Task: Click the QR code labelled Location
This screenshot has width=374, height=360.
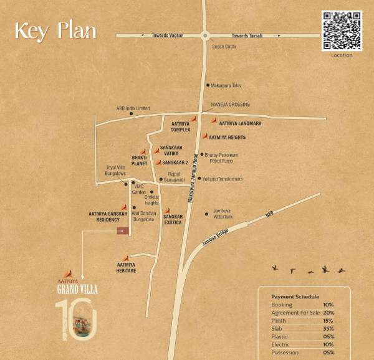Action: tap(342, 31)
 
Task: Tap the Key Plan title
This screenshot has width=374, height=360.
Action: tap(55, 30)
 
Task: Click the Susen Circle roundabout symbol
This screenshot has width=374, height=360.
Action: tap(204, 36)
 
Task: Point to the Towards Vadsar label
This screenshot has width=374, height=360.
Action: tap(167, 36)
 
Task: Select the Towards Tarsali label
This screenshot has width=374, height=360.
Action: tap(246, 36)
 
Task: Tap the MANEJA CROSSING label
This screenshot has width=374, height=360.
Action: tap(231, 105)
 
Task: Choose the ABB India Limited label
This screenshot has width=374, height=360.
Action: tap(133, 108)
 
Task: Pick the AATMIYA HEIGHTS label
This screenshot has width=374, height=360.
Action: tap(227, 137)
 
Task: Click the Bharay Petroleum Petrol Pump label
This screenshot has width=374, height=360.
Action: tap(221, 157)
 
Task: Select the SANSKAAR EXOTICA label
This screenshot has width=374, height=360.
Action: tap(173, 219)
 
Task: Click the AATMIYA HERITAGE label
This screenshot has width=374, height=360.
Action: tap(126, 268)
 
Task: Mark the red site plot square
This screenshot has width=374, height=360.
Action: tap(123, 231)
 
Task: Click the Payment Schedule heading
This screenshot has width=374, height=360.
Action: tap(295, 297)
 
